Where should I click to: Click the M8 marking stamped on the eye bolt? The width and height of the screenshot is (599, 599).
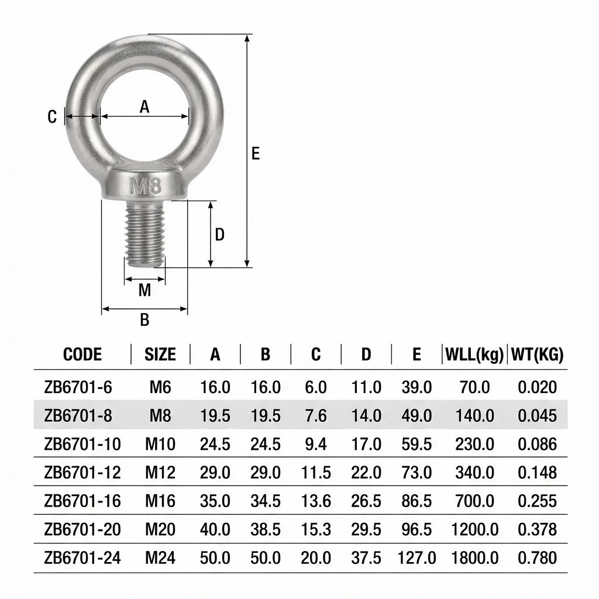pyautogui.click(x=144, y=186)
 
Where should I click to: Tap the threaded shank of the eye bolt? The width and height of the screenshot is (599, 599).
pyautogui.click(x=144, y=233)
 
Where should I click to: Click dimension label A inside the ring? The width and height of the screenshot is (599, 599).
pyautogui.click(x=144, y=106)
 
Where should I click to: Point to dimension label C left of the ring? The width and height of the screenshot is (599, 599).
pyautogui.click(x=52, y=117)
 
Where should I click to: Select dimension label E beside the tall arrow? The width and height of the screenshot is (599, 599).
pyautogui.click(x=255, y=153)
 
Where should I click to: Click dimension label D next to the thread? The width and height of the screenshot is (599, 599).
pyautogui.click(x=219, y=235)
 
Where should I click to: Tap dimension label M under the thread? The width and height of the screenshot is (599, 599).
pyautogui.click(x=144, y=290)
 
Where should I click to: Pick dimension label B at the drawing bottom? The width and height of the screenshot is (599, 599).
pyautogui.click(x=144, y=320)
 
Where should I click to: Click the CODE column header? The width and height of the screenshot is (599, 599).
pyautogui.click(x=82, y=354)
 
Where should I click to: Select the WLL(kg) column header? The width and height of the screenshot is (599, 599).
pyautogui.click(x=474, y=354)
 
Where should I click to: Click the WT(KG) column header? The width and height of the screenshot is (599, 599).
pyautogui.click(x=537, y=354)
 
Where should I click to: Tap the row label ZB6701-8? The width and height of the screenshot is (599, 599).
pyautogui.click(x=78, y=416)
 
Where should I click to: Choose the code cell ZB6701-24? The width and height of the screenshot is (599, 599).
pyautogui.click(x=82, y=557)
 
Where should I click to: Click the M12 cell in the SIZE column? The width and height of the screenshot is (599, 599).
pyautogui.click(x=160, y=473)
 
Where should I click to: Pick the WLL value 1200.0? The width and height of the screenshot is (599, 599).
pyautogui.click(x=474, y=529)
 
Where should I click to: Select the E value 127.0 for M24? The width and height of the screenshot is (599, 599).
pyautogui.click(x=416, y=557)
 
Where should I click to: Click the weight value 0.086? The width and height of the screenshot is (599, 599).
pyautogui.click(x=537, y=444)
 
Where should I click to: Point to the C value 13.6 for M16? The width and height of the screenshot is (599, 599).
pyautogui.click(x=316, y=501)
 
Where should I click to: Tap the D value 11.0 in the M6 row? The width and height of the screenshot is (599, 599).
pyautogui.click(x=366, y=387)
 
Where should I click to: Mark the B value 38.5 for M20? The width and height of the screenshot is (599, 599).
pyautogui.click(x=266, y=529)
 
